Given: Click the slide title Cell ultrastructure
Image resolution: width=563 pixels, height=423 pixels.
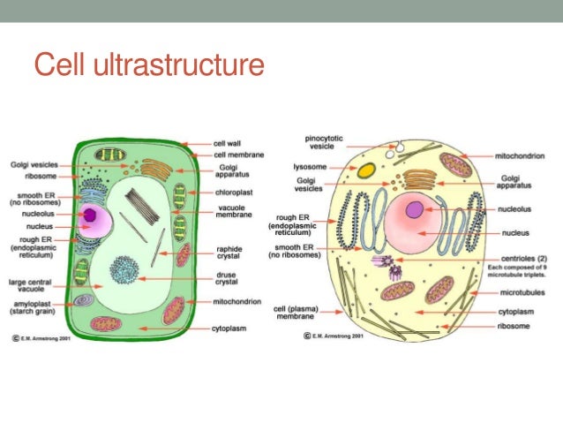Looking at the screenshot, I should pos(148,65).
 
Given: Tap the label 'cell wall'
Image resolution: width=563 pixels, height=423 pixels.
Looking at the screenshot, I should pos(227,142).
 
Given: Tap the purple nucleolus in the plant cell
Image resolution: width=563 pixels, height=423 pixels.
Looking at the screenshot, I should pos(89,214).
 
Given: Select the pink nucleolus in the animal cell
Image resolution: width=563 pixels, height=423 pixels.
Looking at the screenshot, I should pos(415,209).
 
